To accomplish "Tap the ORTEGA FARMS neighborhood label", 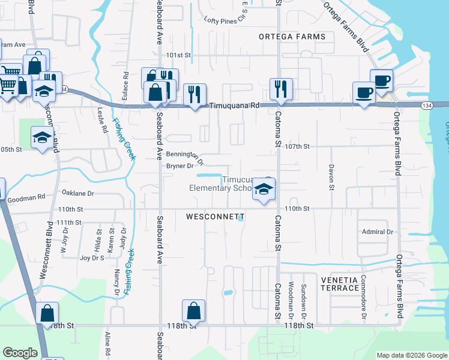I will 292,37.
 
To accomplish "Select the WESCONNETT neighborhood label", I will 215,216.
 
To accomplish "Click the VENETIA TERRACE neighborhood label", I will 339,284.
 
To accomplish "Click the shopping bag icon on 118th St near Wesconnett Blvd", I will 47,313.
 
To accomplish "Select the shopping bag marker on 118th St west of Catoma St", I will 193,311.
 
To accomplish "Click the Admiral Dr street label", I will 377,232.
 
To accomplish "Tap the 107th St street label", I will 297,146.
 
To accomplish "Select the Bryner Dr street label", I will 179,166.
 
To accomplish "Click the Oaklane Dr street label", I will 78,193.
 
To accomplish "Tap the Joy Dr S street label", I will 92,258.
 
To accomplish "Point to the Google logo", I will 20,352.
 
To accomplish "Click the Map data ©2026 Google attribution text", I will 412,355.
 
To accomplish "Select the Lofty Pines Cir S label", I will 226,20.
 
